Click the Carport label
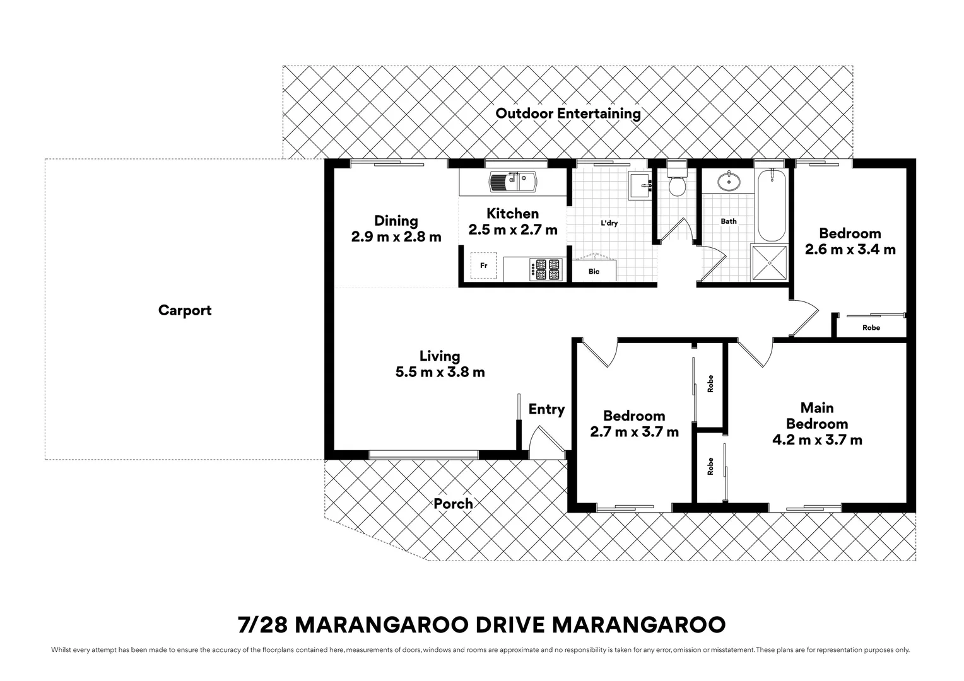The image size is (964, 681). coord(185,310)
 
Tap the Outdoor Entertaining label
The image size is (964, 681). coord(568,113)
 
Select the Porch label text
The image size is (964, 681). coord(453,504)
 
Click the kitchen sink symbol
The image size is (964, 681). coord(512,182)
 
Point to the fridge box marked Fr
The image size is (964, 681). coord(483,265)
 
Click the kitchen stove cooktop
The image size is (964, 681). coord(546,269)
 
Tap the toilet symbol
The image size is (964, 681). coord(677,182)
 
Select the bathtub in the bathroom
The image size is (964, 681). coord(771,205)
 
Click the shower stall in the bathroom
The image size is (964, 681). coord(770,263)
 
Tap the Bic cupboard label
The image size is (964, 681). coord(594,272)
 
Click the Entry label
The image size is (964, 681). coord(546,409)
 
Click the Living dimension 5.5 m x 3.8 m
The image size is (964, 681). coord(440,372)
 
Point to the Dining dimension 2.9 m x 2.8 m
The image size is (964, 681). coord(396,237)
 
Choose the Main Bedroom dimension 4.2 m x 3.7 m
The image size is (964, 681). coord(817,440)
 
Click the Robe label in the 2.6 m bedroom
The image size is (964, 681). coord(871,327)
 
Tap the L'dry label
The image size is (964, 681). coord(609,223)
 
